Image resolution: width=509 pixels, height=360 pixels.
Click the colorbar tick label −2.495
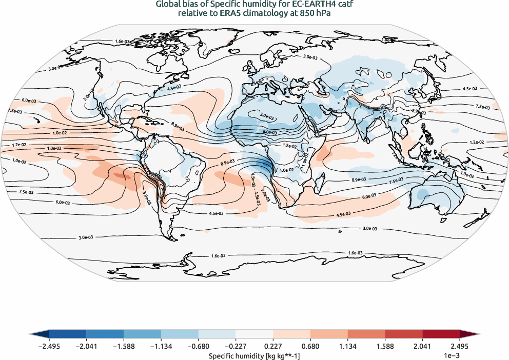click(x=49, y=346)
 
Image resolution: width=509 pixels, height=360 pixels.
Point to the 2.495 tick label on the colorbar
click(x=460, y=346)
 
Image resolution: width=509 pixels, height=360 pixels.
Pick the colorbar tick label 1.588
click(x=385, y=346)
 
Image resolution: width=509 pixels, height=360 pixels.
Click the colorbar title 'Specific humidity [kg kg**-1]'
click(x=254, y=355)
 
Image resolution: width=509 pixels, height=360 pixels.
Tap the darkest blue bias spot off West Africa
click(x=264, y=165)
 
